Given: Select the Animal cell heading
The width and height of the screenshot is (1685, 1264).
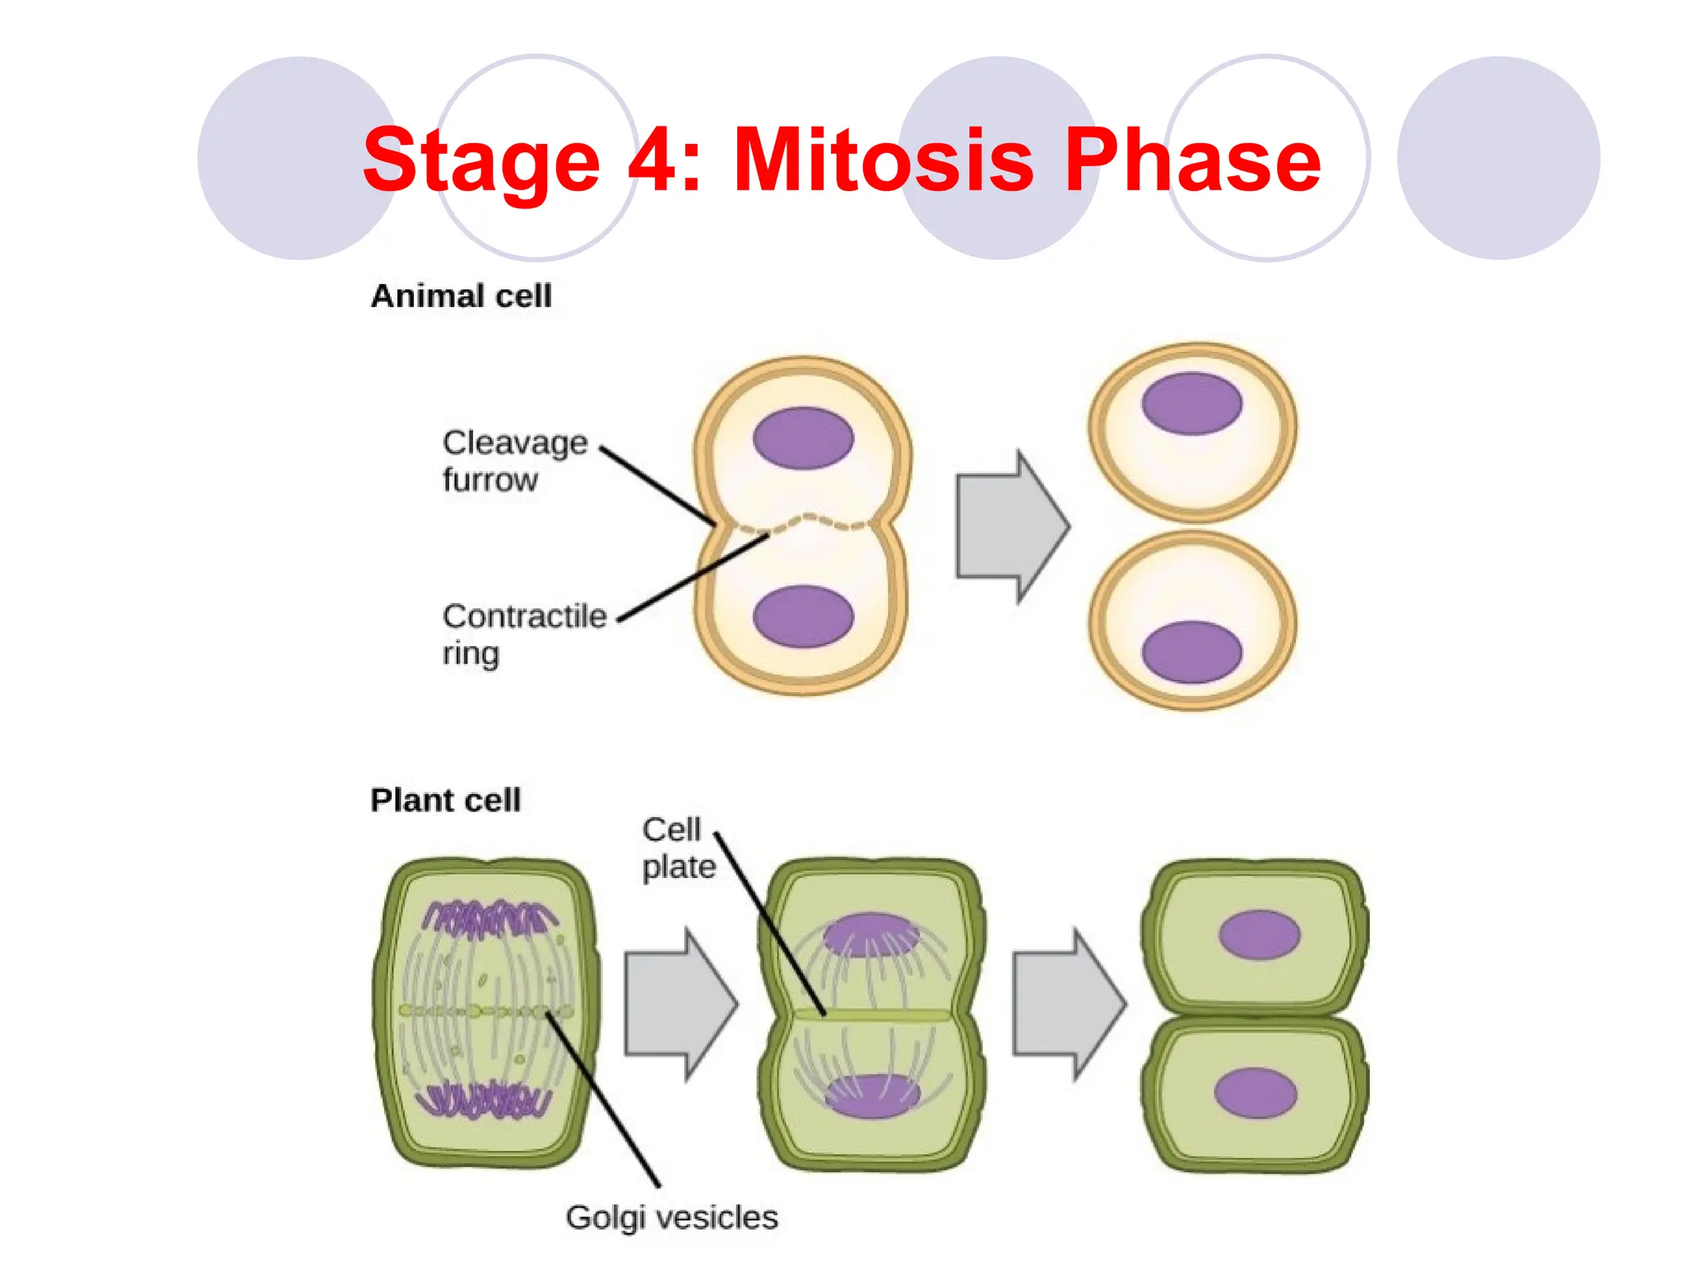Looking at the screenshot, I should [x=461, y=296].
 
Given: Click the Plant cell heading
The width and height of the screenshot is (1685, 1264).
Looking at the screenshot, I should [x=445, y=800].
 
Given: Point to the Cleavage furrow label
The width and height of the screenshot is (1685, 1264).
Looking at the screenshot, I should [x=514, y=461].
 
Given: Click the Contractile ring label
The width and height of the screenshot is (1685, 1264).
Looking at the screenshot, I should [x=523, y=634].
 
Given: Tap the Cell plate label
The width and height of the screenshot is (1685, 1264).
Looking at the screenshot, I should [x=678, y=848].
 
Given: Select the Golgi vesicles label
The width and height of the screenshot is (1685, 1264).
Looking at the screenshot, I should [x=671, y=1217].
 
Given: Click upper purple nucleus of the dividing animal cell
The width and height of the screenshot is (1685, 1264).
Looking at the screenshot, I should [x=803, y=438].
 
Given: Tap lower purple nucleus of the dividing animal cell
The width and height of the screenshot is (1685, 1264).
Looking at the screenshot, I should [x=803, y=616].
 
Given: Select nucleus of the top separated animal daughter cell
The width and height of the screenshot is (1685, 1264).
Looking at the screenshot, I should [x=1191, y=403].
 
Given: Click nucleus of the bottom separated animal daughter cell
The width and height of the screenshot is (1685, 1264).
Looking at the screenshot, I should [x=1191, y=652].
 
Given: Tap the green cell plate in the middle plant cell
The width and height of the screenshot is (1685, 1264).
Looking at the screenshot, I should [x=872, y=1015].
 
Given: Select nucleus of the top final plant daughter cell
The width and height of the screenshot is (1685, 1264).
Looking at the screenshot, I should [x=1259, y=935].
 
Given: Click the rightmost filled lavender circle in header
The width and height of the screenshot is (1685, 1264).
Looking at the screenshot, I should [x=1498, y=158].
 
